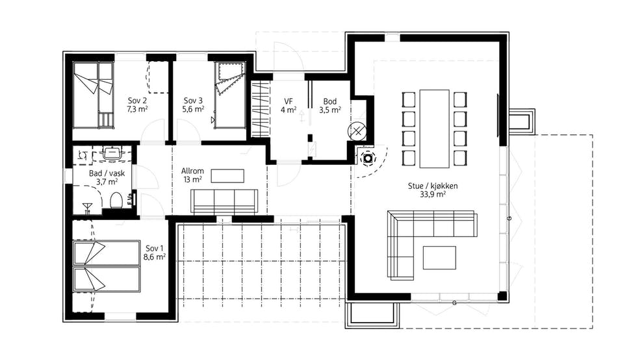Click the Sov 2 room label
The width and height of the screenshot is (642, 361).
pos(137,101)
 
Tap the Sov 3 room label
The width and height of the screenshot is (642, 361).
pos(193,101)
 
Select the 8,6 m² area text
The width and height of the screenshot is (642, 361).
pos(155,257)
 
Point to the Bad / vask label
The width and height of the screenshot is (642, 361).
pos(107,173)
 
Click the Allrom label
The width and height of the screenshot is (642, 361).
pos(192,171)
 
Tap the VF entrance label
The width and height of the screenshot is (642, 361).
pos(289,101)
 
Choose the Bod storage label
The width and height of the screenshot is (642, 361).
pos(330,101)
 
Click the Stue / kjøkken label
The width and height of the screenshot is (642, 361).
pos(433,186)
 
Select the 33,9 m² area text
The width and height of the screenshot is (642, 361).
pos(433,194)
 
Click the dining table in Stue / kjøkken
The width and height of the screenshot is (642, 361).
pos(435,129)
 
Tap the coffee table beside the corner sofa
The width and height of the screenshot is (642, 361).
pos(439,258)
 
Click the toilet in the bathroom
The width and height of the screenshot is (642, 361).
pos(117,201)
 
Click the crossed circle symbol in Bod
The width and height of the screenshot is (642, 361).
pos(357,131)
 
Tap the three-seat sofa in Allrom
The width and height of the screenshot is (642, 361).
pos(224,201)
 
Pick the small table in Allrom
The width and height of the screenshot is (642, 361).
pos(227,176)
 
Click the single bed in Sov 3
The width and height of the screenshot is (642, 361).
pos(230,95)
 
